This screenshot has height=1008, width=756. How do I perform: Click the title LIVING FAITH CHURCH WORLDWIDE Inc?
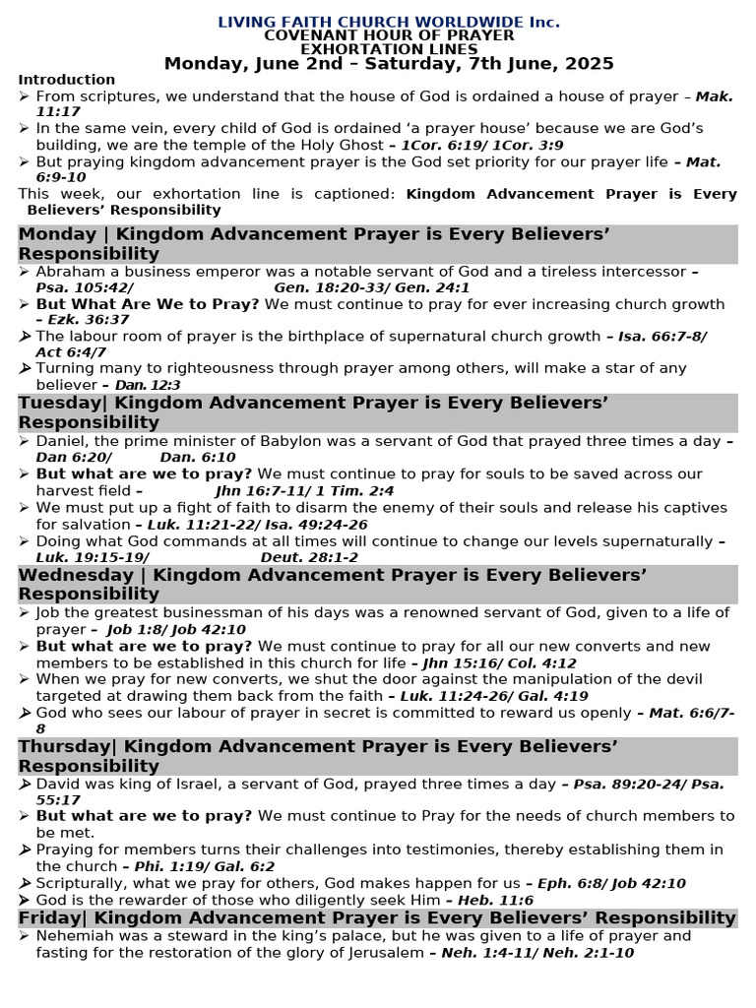tap(388, 21)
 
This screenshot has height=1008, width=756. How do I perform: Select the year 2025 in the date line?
tap(588, 64)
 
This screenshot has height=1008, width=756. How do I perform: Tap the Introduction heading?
tap(66, 80)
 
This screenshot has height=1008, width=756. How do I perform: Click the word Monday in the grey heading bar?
tap(57, 233)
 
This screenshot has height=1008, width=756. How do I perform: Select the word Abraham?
tap(70, 271)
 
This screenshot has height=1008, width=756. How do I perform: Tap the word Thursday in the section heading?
tap(65, 747)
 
